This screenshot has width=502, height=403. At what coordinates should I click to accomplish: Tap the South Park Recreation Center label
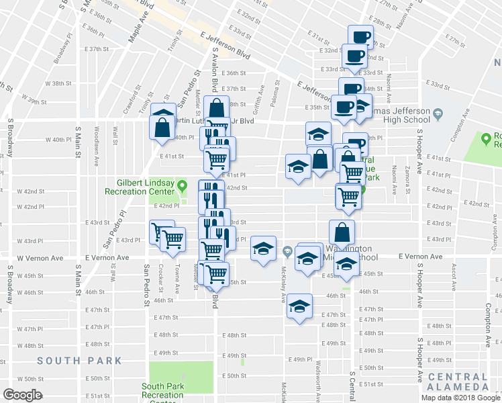(x=162, y=390)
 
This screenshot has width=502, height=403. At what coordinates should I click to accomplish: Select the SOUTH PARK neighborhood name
(x=80, y=361)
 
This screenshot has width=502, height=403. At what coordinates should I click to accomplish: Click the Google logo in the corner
(x=22, y=394)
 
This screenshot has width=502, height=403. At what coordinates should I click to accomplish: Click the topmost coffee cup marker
(x=360, y=36)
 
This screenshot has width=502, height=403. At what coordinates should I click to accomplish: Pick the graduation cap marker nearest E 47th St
(x=300, y=306)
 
